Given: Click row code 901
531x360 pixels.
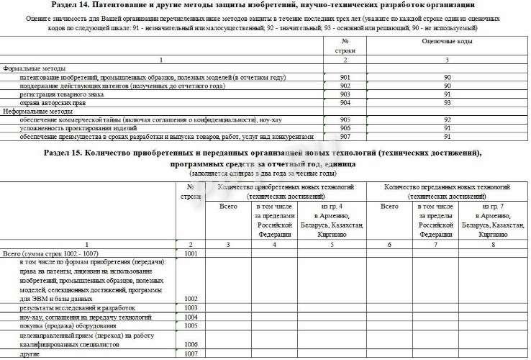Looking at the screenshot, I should tap(345, 76).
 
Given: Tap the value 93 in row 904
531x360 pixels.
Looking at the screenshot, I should tap(447, 103).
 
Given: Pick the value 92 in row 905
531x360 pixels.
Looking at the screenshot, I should tap(447, 120).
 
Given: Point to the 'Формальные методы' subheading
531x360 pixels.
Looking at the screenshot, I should tap(34, 68).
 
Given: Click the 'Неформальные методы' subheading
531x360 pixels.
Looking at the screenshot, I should tap(37, 112).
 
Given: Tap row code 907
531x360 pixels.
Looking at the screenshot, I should tap(345, 136).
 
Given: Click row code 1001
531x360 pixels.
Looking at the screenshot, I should tap(191, 253).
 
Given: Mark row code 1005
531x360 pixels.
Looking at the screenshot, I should tap(191, 325).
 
